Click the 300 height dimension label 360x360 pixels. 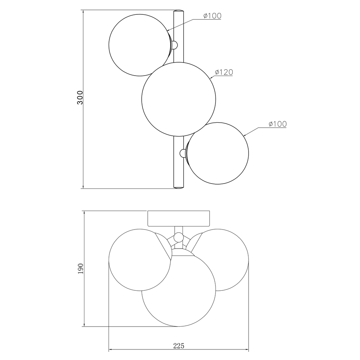pyautogui.click(x=80, y=98)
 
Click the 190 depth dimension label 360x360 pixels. pyautogui.click(x=80, y=269)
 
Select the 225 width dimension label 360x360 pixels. pyautogui.click(x=179, y=346)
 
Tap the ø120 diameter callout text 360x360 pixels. pyautogui.click(x=224, y=72)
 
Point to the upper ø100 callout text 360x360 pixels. pyautogui.click(x=212, y=16)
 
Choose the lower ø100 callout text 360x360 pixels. pyautogui.click(x=278, y=124)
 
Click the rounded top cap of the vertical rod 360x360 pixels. pyautogui.click(x=179, y=11)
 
